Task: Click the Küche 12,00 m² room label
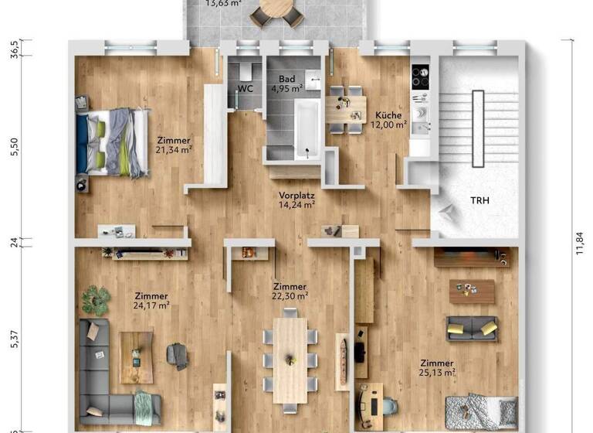point(389,119)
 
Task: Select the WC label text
point(246,89)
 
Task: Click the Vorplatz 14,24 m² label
point(296,200)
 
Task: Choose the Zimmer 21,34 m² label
point(174,145)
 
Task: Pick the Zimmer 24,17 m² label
point(151,300)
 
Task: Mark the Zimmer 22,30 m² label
point(290,291)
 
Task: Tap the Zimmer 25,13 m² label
point(437,368)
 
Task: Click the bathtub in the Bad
point(306,130)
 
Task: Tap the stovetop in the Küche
point(421,77)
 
